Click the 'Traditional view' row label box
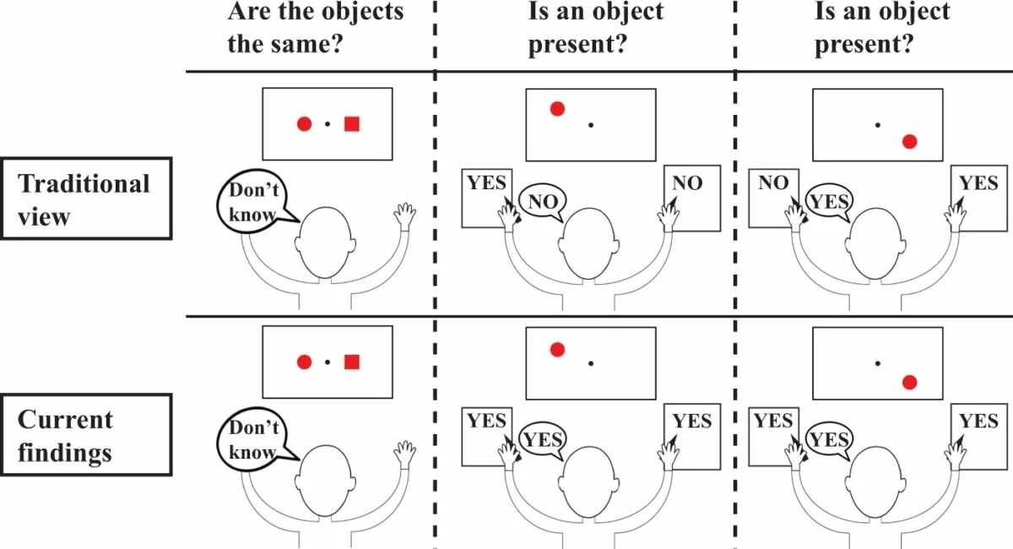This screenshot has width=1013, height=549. (x=85, y=198)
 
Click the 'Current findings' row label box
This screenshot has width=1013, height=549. (x=85, y=435)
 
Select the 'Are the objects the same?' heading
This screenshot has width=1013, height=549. (x=315, y=27)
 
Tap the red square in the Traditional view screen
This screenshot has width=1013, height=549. (x=352, y=124)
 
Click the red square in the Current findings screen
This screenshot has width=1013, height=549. (x=352, y=362)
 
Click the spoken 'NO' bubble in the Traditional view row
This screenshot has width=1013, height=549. (x=541, y=201)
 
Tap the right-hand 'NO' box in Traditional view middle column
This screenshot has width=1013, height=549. (x=691, y=196)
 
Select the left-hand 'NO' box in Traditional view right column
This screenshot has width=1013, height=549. (x=773, y=196)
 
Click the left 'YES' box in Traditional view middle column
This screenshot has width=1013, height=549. (x=487, y=196)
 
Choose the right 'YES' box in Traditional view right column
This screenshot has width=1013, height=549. (x=978, y=196)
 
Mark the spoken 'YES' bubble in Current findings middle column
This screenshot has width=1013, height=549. (x=542, y=438)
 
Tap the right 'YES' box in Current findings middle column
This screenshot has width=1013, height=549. (x=692, y=434)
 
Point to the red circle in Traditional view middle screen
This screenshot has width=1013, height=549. (x=557, y=109)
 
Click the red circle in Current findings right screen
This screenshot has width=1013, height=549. (x=909, y=383)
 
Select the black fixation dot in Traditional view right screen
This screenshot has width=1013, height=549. (x=878, y=125)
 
